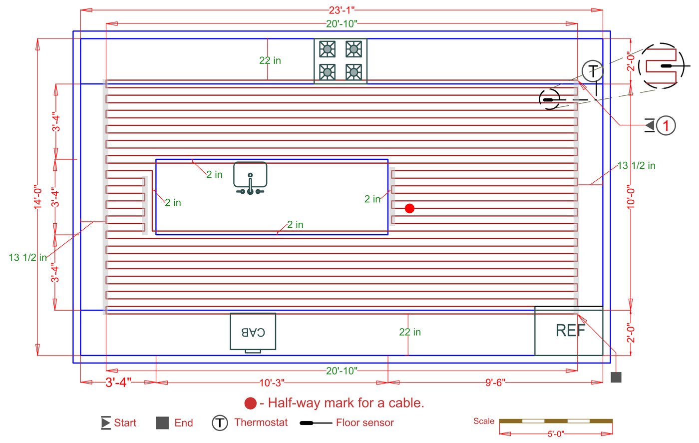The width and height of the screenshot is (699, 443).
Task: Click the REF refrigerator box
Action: click(569, 331)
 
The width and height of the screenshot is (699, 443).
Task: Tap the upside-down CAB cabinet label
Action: click(253, 332)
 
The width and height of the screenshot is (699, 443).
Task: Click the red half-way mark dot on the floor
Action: click(409, 208)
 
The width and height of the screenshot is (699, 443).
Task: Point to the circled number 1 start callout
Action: click(666, 125)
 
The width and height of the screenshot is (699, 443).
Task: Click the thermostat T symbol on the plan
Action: click(593, 70)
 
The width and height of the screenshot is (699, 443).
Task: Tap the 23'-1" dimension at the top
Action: click(342, 10)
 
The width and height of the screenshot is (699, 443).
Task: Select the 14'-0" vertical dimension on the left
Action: click(38, 198)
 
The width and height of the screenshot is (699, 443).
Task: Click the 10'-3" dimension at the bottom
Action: click(272, 383)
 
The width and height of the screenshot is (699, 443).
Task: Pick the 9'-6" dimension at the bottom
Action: click(495, 383)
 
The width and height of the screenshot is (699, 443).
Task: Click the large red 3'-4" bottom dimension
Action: click(118, 383)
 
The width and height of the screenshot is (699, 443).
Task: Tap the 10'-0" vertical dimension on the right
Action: click(631, 197)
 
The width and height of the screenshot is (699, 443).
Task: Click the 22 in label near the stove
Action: click(270, 60)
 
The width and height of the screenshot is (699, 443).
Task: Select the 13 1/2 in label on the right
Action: click(636, 165)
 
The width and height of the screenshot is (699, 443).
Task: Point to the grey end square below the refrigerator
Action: click(616, 378)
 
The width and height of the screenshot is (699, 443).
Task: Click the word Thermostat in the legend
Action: click(261, 423)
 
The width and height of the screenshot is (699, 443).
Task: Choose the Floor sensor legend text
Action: click(364, 423)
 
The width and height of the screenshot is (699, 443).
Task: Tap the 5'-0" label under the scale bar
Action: click(556, 434)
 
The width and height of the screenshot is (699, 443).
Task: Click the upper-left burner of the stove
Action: click(327, 49)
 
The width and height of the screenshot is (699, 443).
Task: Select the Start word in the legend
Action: click(125, 423)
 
